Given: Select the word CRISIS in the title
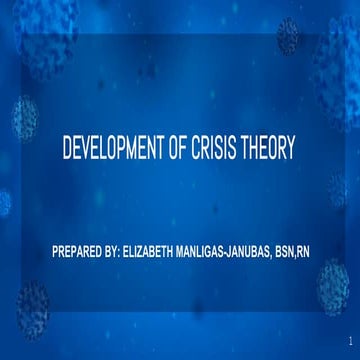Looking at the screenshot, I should [x=219, y=150].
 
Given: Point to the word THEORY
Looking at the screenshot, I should [x=270, y=150].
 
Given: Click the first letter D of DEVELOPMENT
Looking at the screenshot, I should [x=67, y=150].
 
